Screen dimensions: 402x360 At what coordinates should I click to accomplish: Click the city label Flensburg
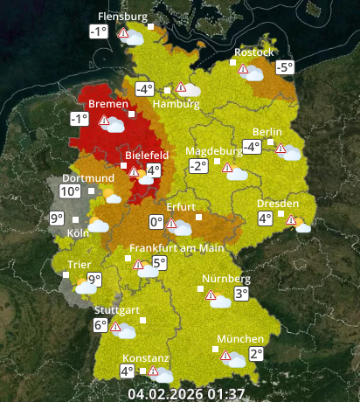122,17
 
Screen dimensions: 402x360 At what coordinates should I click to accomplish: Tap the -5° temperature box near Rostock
284,67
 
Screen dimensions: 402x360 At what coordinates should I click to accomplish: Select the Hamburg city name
170,105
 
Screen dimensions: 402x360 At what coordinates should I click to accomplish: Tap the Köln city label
78,233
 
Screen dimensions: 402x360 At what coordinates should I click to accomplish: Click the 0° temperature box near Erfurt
156,222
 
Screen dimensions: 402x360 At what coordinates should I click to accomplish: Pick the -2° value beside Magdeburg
197,166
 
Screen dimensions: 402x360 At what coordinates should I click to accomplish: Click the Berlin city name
267,132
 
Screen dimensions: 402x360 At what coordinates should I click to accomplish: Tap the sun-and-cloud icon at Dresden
301,225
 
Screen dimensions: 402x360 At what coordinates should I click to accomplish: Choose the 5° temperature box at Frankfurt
159,263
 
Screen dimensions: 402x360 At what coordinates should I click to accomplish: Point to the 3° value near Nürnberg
241,295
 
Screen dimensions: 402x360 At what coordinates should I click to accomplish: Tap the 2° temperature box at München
256,354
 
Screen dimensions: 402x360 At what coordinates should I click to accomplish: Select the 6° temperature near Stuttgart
100,326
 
